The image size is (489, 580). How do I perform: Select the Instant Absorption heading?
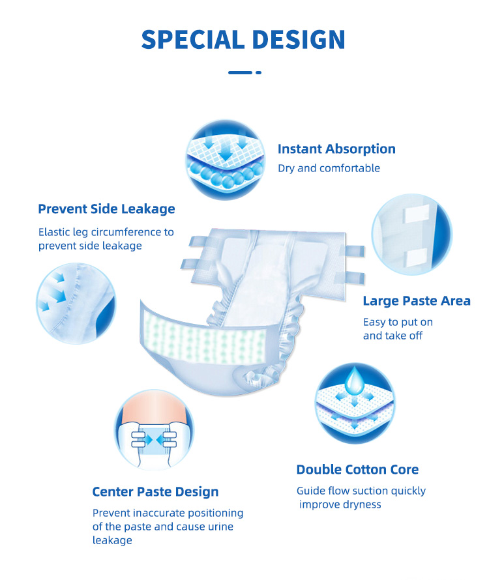point(336,149)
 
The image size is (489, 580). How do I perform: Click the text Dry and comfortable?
point(329,168)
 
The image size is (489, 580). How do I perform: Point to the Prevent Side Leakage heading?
point(106,209)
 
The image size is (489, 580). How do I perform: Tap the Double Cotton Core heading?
point(357,470)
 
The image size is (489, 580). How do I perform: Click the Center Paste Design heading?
point(155,492)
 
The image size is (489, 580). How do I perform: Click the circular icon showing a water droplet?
point(356,402)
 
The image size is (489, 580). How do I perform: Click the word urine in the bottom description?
point(218,527)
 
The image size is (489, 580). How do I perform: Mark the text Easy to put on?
point(398,322)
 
